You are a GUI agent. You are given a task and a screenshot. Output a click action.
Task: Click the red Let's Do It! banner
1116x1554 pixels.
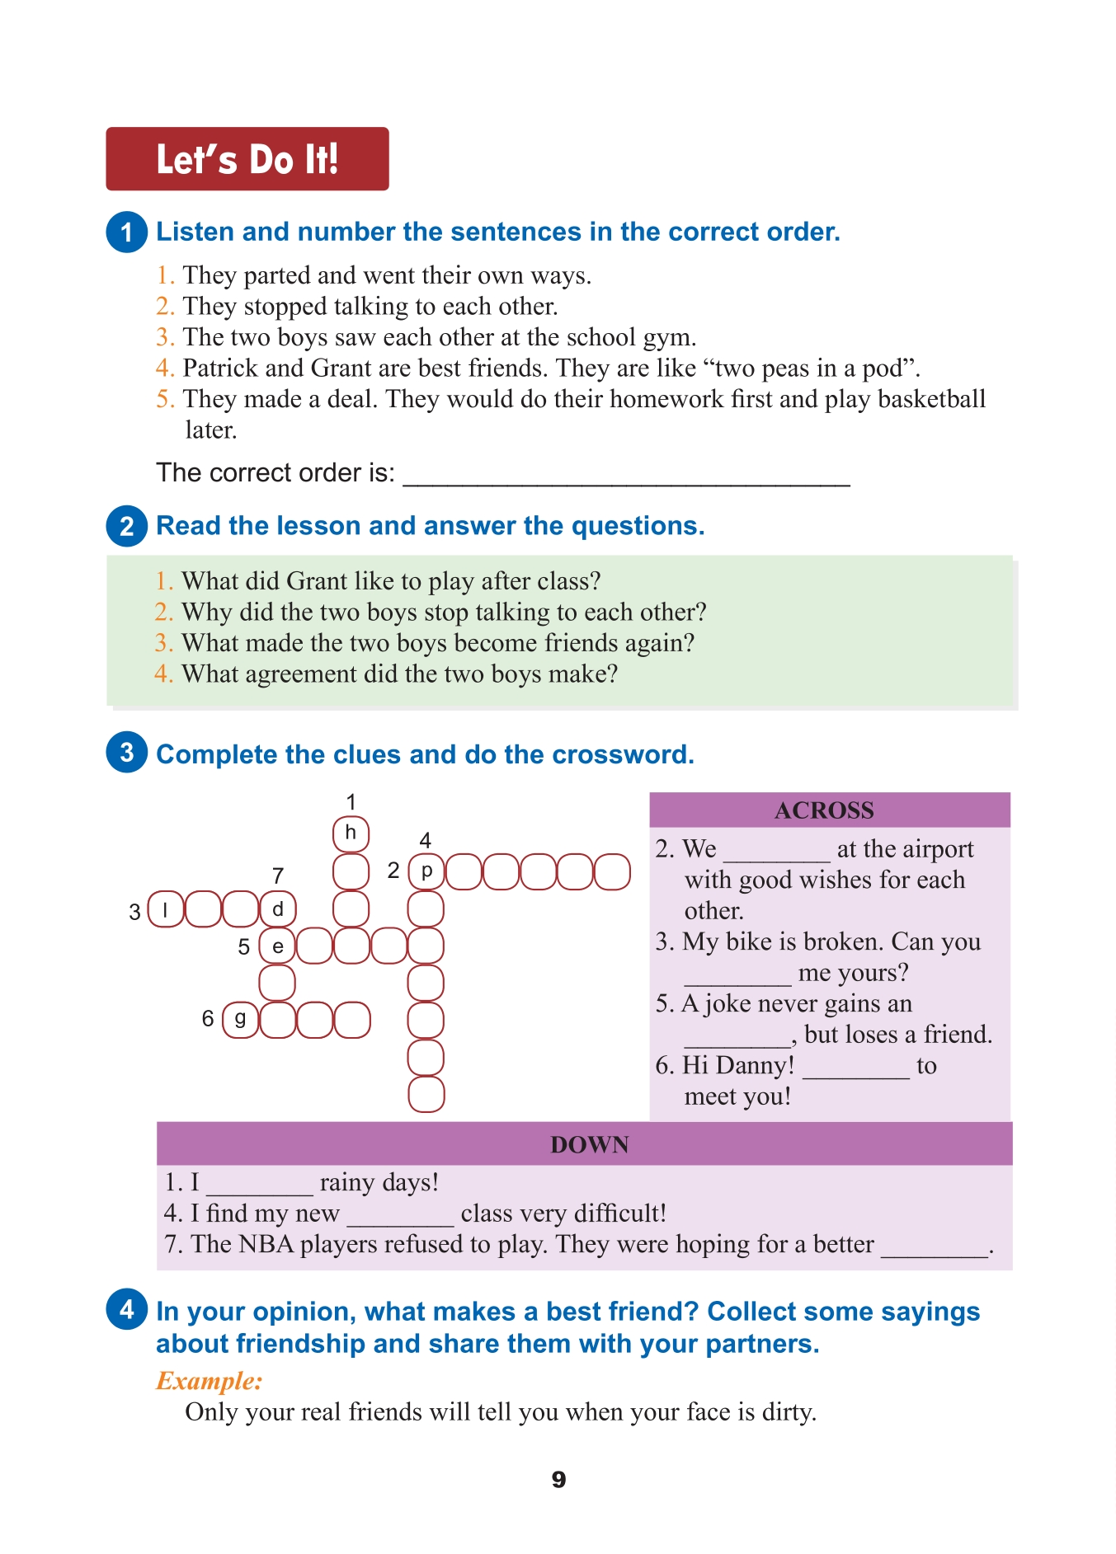coord(247,158)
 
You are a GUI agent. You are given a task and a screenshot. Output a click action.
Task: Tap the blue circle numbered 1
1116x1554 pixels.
coord(126,232)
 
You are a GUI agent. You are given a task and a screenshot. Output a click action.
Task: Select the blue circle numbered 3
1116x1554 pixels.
coord(126,753)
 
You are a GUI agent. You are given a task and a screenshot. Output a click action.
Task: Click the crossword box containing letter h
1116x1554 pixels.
coord(351,833)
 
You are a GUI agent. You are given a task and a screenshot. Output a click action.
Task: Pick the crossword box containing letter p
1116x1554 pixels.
coord(426,871)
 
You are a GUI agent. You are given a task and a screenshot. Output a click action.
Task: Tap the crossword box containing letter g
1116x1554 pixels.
coord(240,1020)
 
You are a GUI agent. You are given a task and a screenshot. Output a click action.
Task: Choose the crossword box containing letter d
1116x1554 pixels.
coord(278,909)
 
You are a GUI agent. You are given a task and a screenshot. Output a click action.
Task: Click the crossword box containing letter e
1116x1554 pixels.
coord(278,946)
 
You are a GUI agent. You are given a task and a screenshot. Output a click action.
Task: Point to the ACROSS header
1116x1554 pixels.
coord(825,810)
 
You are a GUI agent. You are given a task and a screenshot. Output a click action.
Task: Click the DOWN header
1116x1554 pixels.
coord(589,1144)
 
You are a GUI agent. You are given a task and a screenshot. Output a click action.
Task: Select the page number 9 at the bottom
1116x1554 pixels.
coord(558,1480)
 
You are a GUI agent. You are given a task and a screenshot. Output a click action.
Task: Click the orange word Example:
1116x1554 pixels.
coord(209,1381)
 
